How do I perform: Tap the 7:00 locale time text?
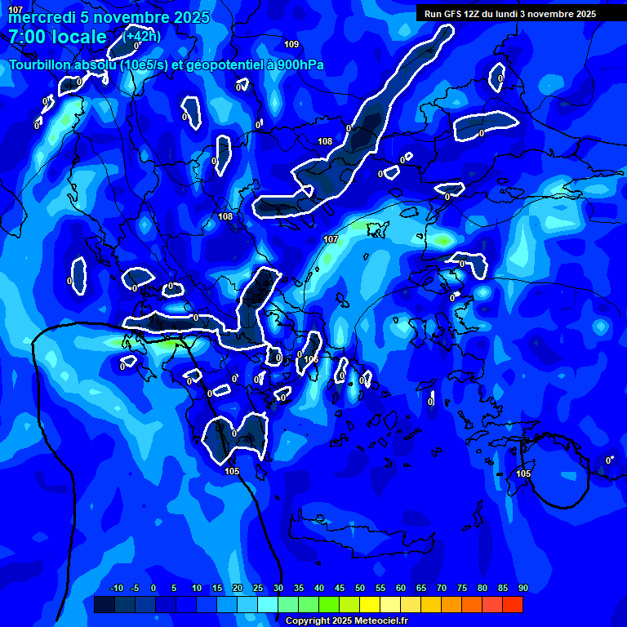(x=57, y=37)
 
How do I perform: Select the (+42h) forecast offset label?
(x=142, y=36)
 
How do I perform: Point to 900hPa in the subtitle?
(x=297, y=65)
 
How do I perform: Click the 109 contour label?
(x=291, y=44)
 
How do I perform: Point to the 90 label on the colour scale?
(x=522, y=589)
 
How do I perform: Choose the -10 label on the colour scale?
(x=116, y=589)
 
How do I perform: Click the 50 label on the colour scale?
(x=360, y=589)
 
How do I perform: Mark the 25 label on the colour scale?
(x=258, y=589)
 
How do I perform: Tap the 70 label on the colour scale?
(x=442, y=589)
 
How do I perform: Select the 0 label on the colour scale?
(x=153, y=589)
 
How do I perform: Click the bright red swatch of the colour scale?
(x=512, y=604)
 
